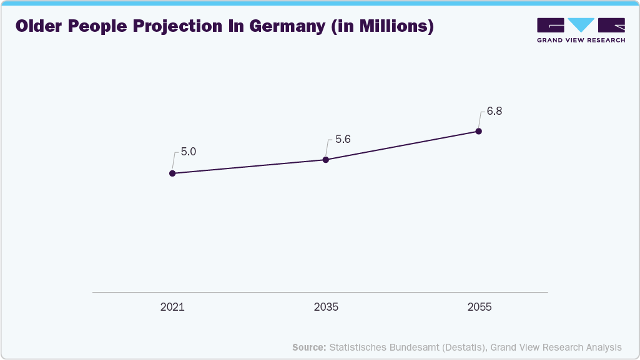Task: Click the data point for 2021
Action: [x=172, y=173]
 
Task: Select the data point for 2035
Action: [x=325, y=160]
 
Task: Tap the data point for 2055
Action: [x=478, y=131]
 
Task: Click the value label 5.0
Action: [x=189, y=152]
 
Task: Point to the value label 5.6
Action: [x=343, y=139]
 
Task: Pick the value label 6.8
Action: [x=495, y=112]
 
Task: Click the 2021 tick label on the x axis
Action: [x=172, y=308]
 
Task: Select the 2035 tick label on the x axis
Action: [x=326, y=308]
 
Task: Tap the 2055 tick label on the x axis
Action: [x=480, y=308]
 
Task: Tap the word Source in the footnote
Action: [x=308, y=348]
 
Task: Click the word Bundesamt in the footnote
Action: [x=410, y=348]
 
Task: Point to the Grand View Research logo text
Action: [x=581, y=40]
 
